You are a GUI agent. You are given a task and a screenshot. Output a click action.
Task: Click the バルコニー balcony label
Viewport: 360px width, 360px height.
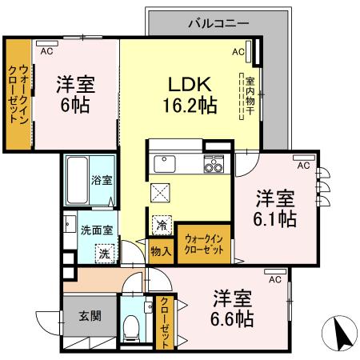(x=218, y=23)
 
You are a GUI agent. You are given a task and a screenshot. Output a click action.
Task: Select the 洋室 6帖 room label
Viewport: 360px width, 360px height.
(x=73, y=94)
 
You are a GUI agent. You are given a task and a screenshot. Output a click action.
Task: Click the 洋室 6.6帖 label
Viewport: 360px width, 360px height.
(x=233, y=308)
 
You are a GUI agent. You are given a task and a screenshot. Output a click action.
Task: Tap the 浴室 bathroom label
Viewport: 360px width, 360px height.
(x=101, y=180)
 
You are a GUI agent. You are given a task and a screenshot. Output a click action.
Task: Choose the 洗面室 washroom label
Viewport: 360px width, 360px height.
(x=95, y=230)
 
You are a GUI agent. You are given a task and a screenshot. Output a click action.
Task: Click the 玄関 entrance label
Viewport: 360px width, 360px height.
(x=89, y=316)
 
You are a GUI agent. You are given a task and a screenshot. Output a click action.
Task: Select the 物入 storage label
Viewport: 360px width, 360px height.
(x=161, y=250)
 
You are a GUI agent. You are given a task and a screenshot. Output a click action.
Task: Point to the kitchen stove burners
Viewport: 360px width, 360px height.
(x=214, y=166)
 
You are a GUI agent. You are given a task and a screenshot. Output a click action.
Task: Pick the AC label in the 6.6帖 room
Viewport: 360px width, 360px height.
(x=274, y=279)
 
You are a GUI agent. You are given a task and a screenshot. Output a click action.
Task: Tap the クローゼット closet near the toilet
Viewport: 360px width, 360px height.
(x=164, y=322)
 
